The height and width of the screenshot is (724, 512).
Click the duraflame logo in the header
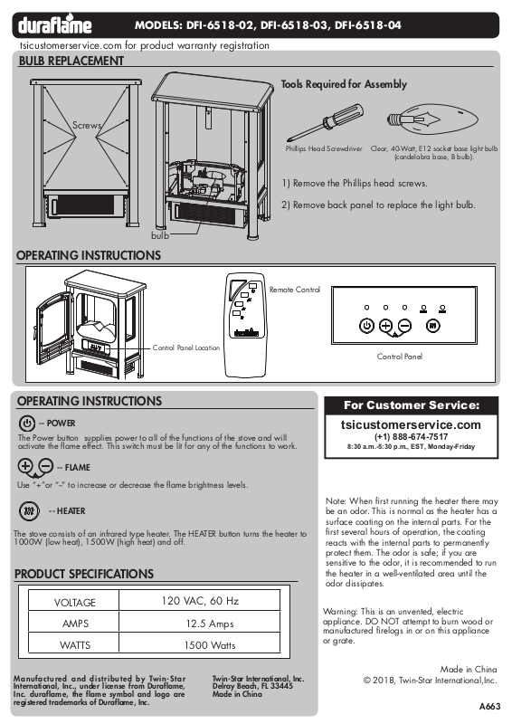[x=55, y=25]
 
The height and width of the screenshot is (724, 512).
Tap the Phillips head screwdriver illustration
[x=325, y=123]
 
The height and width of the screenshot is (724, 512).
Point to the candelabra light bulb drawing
[x=432, y=119]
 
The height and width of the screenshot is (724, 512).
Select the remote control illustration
[x=246, y=325]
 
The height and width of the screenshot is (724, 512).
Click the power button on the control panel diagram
[x=366, y=326]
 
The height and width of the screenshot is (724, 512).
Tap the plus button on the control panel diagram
[x=385, y=326]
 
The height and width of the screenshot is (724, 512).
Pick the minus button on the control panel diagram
[x=404, y=326]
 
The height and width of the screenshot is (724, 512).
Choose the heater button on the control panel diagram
[x=432, y=326]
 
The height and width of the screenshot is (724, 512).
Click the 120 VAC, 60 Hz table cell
[x=200, y=600]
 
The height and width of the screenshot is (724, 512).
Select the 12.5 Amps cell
[x=210, y=624]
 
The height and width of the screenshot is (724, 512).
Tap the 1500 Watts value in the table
[x=210, y=645]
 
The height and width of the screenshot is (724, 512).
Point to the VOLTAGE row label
[x=74, y=603]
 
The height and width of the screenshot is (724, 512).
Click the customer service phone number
[x=411, y=437]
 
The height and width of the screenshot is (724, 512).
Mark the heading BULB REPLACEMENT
[x=71, y=61]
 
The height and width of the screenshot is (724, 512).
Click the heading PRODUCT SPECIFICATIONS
[x=84, y=574]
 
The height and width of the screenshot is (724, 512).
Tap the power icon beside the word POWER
[x=27, y=424]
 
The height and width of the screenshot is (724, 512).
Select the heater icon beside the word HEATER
[x=29, y=511]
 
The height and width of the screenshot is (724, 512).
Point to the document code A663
[x=490, y=707]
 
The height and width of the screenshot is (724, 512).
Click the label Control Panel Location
[x=186, y=348]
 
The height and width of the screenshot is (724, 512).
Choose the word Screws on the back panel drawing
[x=86, y=125]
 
